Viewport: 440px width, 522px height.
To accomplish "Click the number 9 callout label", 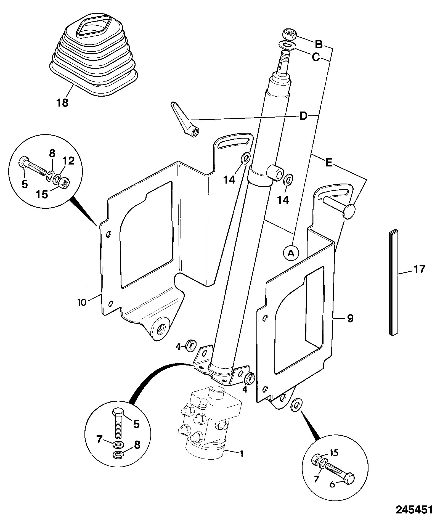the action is (350, 318).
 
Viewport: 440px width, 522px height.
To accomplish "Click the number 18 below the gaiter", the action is (62, 103).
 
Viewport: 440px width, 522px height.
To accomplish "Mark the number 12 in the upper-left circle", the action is (68, 161).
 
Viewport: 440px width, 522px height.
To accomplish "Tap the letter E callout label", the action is (329, 163).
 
